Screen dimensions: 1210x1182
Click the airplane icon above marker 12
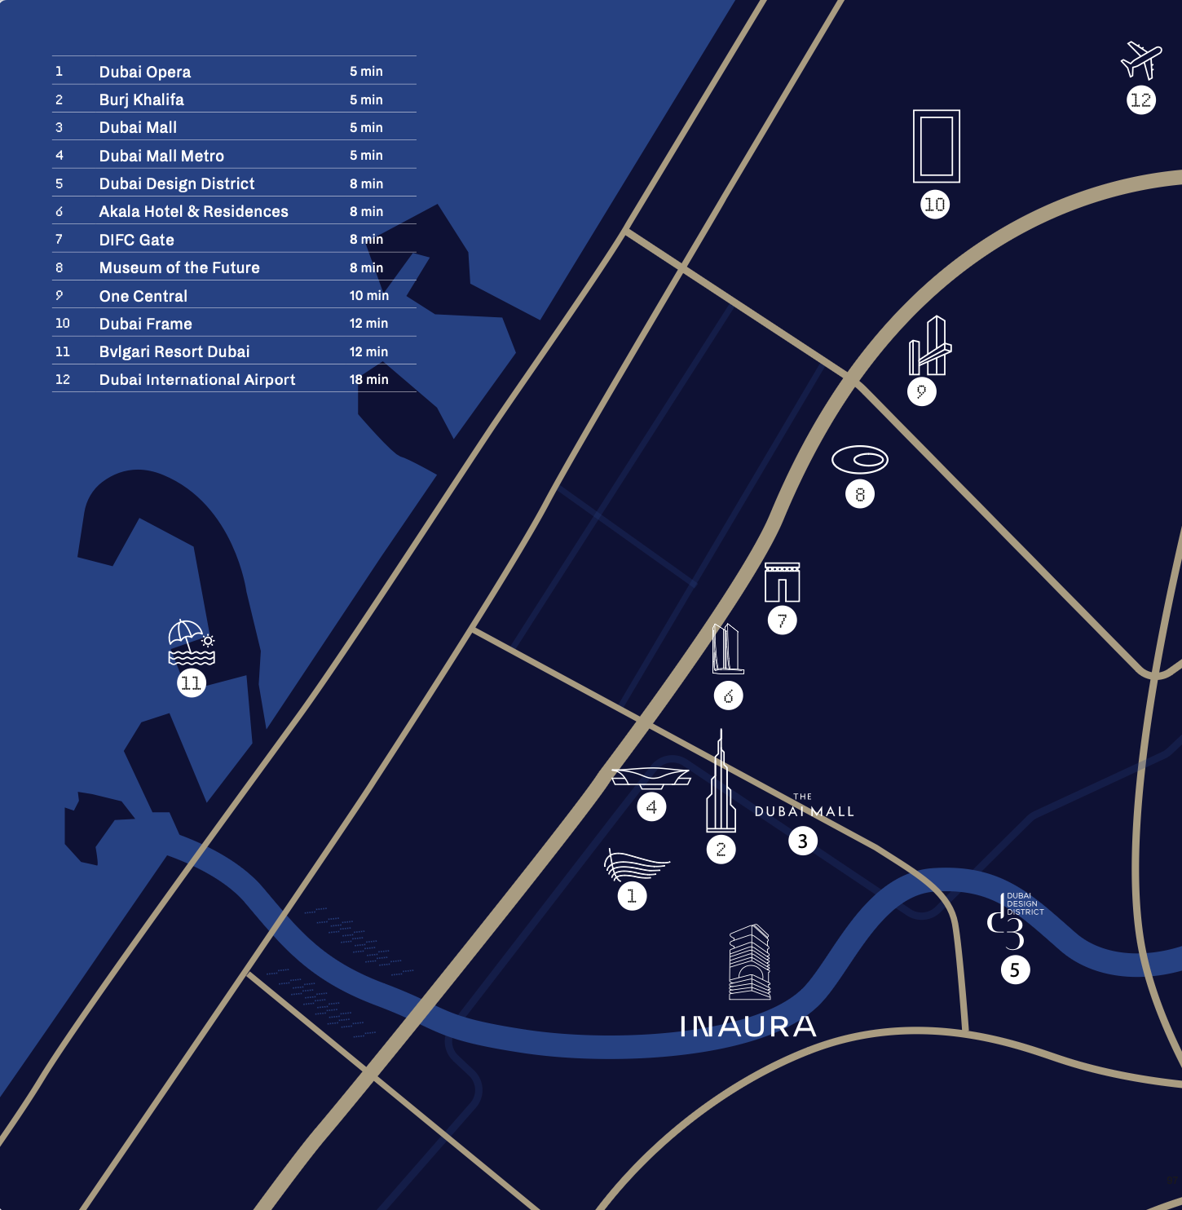point(1140,60)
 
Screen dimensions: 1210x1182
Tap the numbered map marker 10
point(935,205)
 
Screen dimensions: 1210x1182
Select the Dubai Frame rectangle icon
point(936,146)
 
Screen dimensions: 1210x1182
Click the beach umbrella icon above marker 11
point(190,643)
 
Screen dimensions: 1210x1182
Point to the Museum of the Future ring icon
point(859,460)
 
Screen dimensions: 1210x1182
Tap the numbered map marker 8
point(860,494)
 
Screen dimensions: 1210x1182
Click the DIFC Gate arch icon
point(782,582)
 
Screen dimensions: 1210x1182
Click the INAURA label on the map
point(748,1027)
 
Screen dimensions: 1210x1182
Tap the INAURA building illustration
point(749,962)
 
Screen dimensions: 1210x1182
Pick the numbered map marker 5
point(1015,970)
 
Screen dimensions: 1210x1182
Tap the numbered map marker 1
point(632,896)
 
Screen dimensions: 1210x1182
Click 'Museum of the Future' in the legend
point(179,268)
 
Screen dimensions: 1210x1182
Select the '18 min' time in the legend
point(368,380)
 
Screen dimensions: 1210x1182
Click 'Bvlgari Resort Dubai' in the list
point(174,352)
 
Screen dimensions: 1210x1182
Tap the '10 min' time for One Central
point(368,296)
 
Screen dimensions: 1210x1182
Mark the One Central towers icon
point(929,347)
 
